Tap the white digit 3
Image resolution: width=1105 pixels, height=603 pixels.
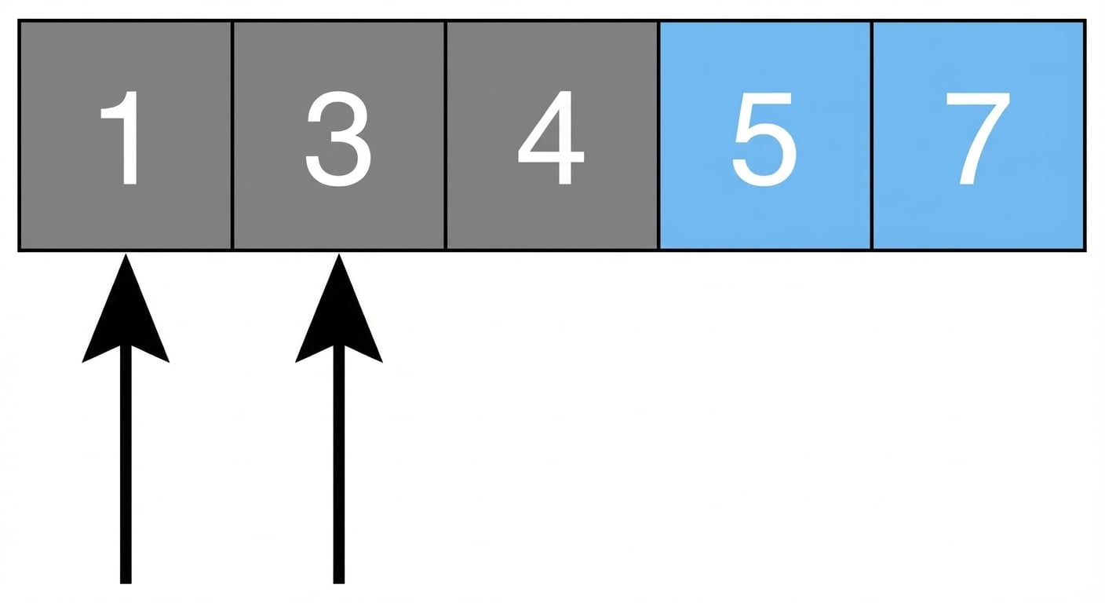[338, 139]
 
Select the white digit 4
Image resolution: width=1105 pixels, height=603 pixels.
[551, 137]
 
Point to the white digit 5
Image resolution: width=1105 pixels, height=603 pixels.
[764, 139]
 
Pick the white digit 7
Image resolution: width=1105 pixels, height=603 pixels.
[977, 139]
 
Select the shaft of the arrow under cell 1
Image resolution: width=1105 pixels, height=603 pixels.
[126, 464]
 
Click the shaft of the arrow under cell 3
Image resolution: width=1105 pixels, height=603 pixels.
[339, 464]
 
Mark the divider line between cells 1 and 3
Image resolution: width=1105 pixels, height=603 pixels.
[232, 135]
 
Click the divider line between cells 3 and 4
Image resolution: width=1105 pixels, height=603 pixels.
[446, 135]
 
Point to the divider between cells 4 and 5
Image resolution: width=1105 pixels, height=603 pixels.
[658, 135]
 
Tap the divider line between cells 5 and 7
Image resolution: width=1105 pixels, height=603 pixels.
[872, 135]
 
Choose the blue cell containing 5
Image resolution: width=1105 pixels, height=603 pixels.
[765, 217]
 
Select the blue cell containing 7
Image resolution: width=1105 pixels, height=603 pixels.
[979, 217]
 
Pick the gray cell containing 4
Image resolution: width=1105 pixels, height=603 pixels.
[552, 217]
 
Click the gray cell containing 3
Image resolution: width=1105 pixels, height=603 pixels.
[339, 217]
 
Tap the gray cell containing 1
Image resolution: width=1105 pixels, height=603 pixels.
[126, 217]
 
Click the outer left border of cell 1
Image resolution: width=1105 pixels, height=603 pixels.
[19, 135]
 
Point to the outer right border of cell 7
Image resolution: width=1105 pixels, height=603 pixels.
[1085, 135]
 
